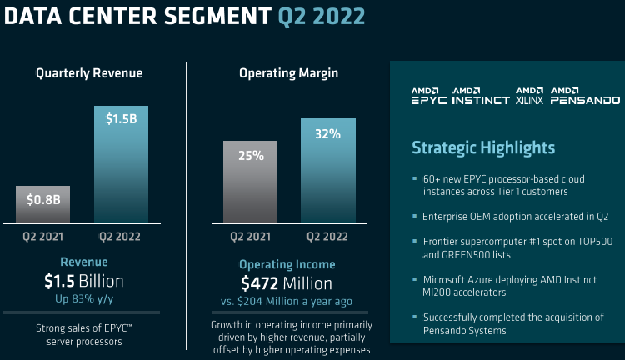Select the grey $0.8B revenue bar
(43, 203)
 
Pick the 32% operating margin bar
(328, 171)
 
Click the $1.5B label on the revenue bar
(122, 119)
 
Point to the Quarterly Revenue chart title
(89, 73)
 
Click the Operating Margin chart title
(288, 73)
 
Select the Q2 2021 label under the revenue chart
(43, 237)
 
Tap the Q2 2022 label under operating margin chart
(328, 237)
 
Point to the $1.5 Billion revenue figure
(84, 280)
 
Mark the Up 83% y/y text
(84, 297)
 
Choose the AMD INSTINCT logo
(480, 95)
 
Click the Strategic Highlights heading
(483, 147)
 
